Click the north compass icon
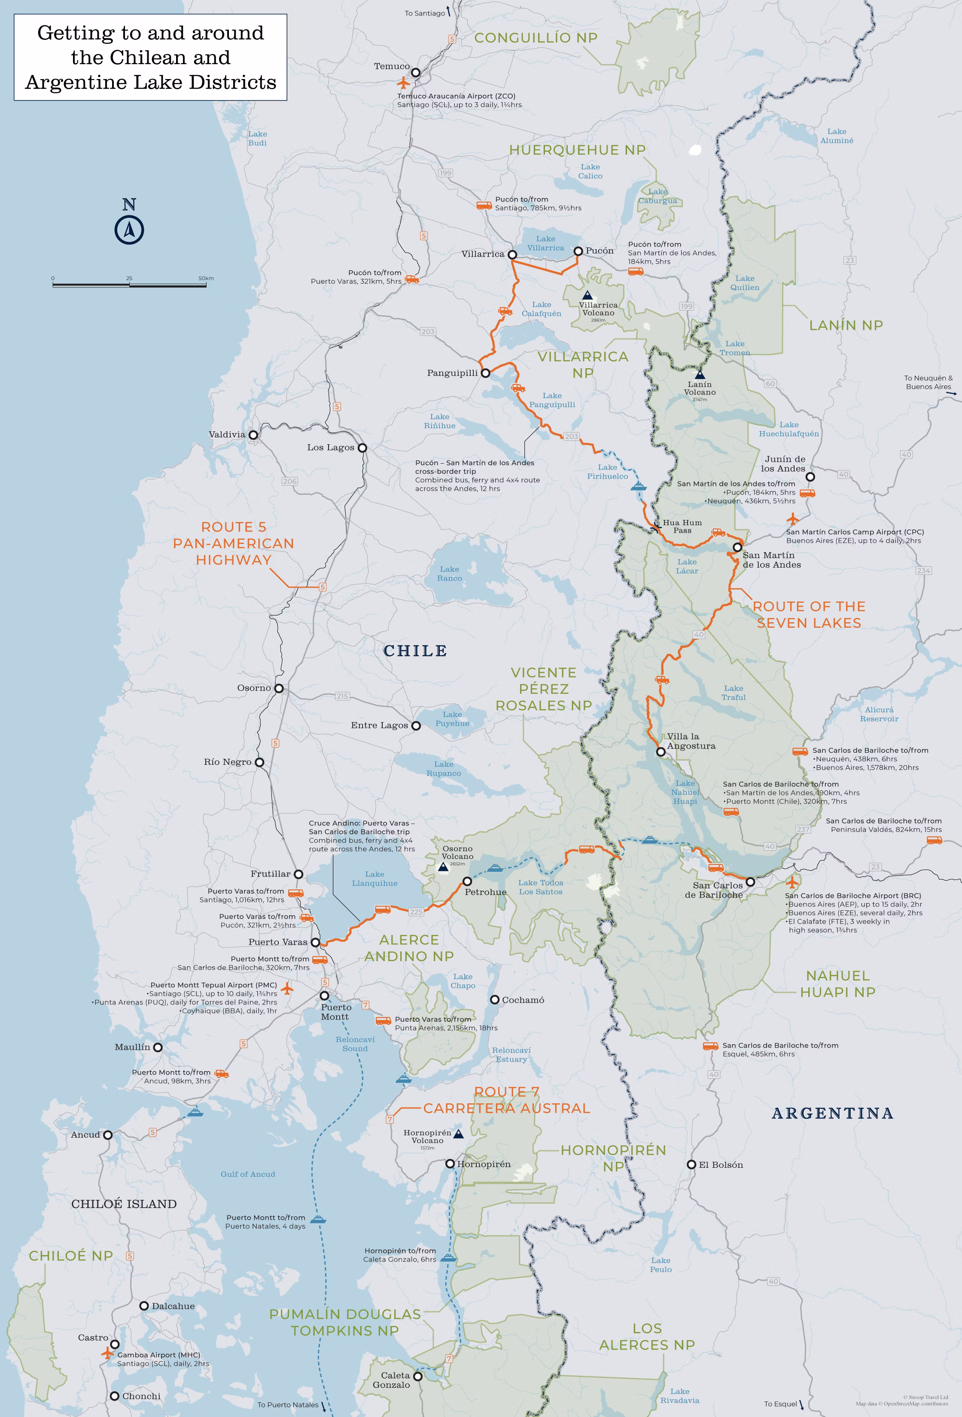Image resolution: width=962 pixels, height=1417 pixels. tap(129, 230)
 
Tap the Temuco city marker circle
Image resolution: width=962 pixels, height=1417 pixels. tap(416, 73)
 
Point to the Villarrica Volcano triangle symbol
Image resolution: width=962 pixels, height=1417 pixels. tap(587, 294)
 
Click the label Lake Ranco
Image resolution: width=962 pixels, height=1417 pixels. tap(449, 574)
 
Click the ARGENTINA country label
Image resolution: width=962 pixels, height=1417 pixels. tap(832, 1113)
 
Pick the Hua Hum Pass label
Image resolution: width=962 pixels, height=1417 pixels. tap(682, 526)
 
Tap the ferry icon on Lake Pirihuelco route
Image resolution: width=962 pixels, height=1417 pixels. tap(638, 486)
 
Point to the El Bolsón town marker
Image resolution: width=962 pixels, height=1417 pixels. tap(691, 1164)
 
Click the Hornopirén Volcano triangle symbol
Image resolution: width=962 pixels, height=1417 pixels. tap(459, 1134)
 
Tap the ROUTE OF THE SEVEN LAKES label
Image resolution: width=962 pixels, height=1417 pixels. tap(809, 614)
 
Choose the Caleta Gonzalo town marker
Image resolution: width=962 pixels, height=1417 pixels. tap(417, 1376)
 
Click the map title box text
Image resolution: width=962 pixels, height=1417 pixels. tap(151, 57)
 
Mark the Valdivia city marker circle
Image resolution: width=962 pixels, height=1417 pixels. tap(253, 435)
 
